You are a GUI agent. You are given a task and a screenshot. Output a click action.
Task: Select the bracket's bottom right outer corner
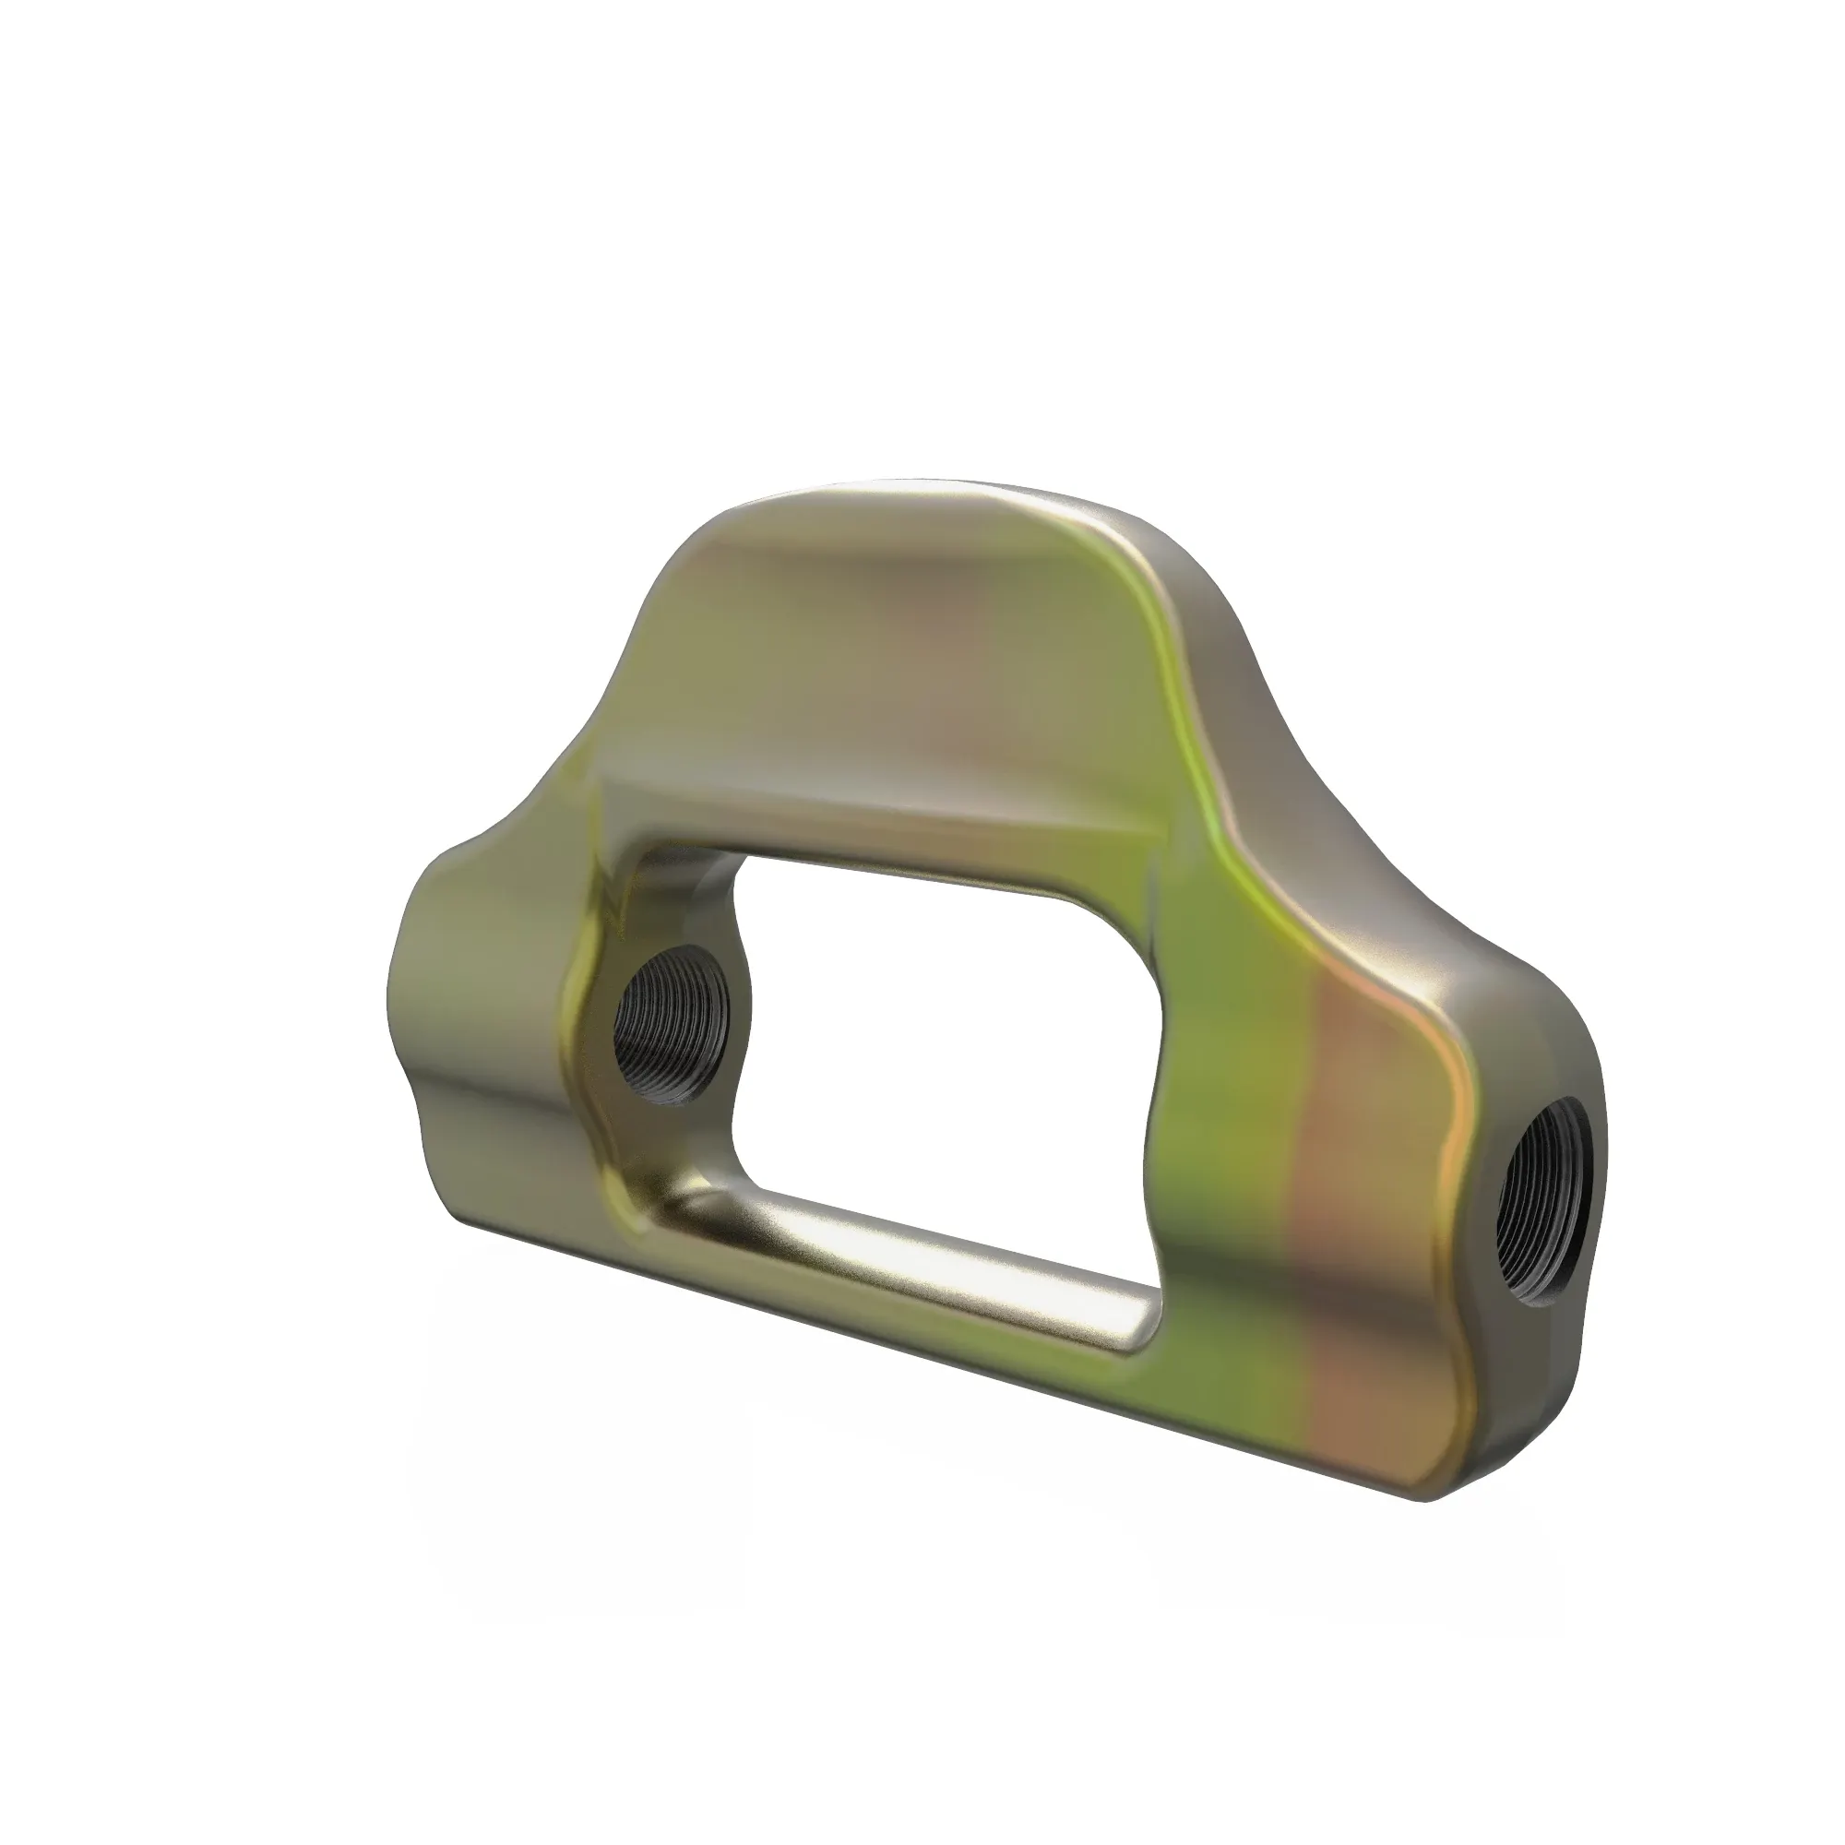pos(1442,1496)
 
